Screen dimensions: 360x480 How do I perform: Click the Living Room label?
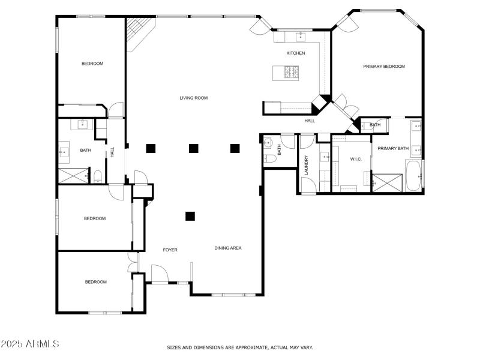point(194,98)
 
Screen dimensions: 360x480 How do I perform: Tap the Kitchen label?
point(295,53)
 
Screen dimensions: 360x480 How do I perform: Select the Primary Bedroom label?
point(384,67)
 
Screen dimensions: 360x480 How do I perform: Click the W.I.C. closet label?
point(356,159)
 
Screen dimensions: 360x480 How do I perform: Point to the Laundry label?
point(307,166)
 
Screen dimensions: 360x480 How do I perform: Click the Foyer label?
point(170,250)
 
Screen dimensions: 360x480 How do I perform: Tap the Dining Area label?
point(228,248)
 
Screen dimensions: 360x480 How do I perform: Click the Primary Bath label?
point(393,148)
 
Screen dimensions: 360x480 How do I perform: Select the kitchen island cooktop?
point(292,73)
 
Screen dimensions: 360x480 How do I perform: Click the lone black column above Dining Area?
point(190,216)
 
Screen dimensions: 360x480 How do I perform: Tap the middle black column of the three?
point(194,148)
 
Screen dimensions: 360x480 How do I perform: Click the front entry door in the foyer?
point(159,274)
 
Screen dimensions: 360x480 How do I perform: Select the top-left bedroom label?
point(92,64)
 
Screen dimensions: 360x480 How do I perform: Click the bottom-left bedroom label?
point(95,282)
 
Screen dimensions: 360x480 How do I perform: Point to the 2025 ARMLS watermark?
point(30,344)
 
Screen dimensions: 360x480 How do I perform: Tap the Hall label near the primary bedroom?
point(310,121)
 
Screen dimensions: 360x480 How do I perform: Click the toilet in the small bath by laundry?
point(270,158)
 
